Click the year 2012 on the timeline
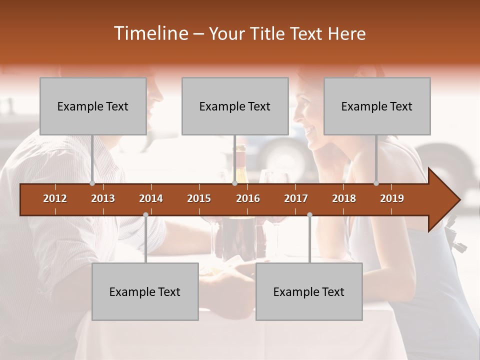[55, 198]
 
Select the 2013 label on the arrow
[103, 198]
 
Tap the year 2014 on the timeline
[151, 198]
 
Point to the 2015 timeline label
[199, 198]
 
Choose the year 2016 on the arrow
[248, 198]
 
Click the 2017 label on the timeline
[296, 198]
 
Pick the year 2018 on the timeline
[344, 198]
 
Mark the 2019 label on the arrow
[392, 198]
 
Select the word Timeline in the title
[149, 33]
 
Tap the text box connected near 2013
[93, 106]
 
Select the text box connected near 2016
[235, 106]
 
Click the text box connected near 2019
[377, 106]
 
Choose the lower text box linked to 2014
[145, 291]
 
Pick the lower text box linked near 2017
[309, 291]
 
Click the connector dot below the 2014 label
[145, 214]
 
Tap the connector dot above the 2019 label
[376, 183]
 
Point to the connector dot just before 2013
[92, 183]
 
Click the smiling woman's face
[310, 120]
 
